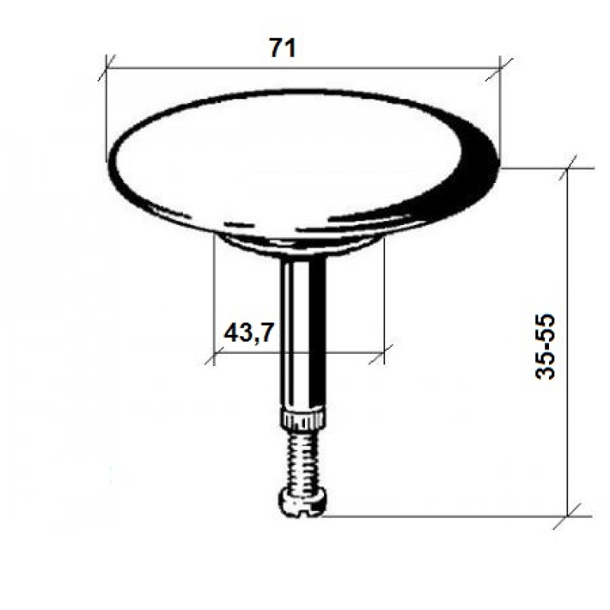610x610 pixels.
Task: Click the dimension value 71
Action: coord(282,48)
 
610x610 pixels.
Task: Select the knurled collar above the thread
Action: coord(304,418)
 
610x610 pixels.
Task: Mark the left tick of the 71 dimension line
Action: coord(107,67)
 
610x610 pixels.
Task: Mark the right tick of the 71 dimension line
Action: coord(499,67)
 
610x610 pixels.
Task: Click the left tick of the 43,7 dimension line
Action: coord(214,353)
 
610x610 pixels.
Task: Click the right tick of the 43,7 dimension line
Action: coord(384,353)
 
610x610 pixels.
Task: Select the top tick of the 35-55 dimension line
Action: coord(569,168)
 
